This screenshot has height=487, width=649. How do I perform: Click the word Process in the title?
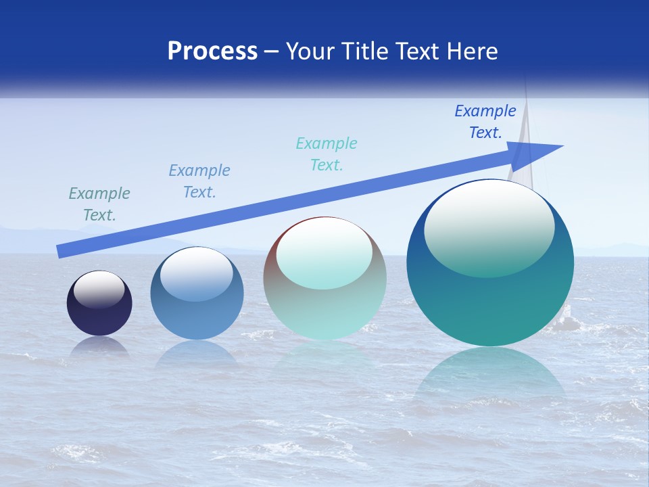coord(212,51)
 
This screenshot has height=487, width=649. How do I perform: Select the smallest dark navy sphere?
coord(99,303)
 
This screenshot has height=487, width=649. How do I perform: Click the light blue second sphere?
coord(197,294)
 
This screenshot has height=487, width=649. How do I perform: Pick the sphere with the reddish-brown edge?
coord(325,279)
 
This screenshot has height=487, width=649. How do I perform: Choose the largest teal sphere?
coord(490,263)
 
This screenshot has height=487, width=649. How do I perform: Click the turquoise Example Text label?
coord(327,154)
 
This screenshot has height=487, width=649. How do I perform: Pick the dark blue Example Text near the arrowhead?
coord(485,122)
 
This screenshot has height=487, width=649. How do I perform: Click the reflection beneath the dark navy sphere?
coord(100,347)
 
